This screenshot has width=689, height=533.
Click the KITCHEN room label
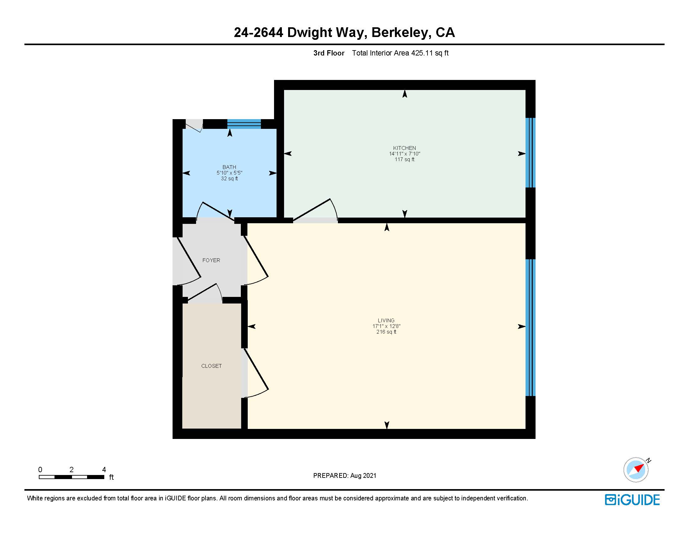coord(404,148)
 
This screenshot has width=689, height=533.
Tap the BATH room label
coord(229,167)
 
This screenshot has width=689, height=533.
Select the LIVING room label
coord(386,320)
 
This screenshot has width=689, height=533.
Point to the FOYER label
coord(211,260)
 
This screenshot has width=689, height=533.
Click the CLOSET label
coord(211,366)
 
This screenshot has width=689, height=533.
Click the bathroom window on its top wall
coord(244,124)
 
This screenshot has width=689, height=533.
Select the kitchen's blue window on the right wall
coord(530,152)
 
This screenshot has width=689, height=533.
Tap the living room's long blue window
coord(530,327)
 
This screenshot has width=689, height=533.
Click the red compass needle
coord(639,468)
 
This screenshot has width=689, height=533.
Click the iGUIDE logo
coord(632,500)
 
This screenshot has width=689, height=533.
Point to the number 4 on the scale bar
coord(104,470)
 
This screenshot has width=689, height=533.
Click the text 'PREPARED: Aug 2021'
coord(344,476)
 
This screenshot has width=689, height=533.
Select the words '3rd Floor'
coord(329,53)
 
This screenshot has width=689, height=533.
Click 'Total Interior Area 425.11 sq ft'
coord(400,53)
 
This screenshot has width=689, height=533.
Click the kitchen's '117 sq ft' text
coord(404,160)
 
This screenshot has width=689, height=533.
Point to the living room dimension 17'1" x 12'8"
coord(386,326)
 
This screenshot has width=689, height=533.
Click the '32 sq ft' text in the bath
coord(229,178)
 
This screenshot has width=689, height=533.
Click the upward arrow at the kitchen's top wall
coord(405,94)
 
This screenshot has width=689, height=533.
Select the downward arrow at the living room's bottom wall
coord(387,425)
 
